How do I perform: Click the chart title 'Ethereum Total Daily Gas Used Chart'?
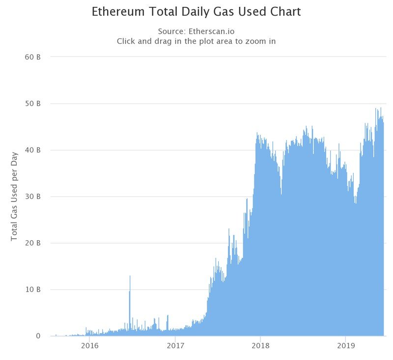[x=196, y=11]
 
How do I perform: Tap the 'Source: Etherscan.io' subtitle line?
[x=196, y=31]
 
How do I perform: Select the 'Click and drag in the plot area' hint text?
[x=196, y=41]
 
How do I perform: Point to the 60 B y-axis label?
[x=32, y=57]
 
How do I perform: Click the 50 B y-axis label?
[x=32, y=104]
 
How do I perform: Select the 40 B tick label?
[x=32, y=150]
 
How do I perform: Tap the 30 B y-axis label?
[x=32, y=196]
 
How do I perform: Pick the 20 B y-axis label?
[x=32, y=243]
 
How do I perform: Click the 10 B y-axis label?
[x=32, y=290]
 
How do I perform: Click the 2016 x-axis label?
[x=89, y=346]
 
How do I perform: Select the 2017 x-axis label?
[x=175, y=346]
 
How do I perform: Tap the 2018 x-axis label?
[x=261, y=346]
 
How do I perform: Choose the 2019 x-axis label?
[x=346, y=346]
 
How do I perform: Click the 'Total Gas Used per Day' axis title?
[x=14, y=196]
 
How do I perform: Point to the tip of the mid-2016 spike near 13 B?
[x=130, y=276]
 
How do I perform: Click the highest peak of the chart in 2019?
[x=381, y=108]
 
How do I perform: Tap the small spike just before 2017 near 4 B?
[x=168, y=316]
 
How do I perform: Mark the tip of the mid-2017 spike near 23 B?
[x=229, y=229]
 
